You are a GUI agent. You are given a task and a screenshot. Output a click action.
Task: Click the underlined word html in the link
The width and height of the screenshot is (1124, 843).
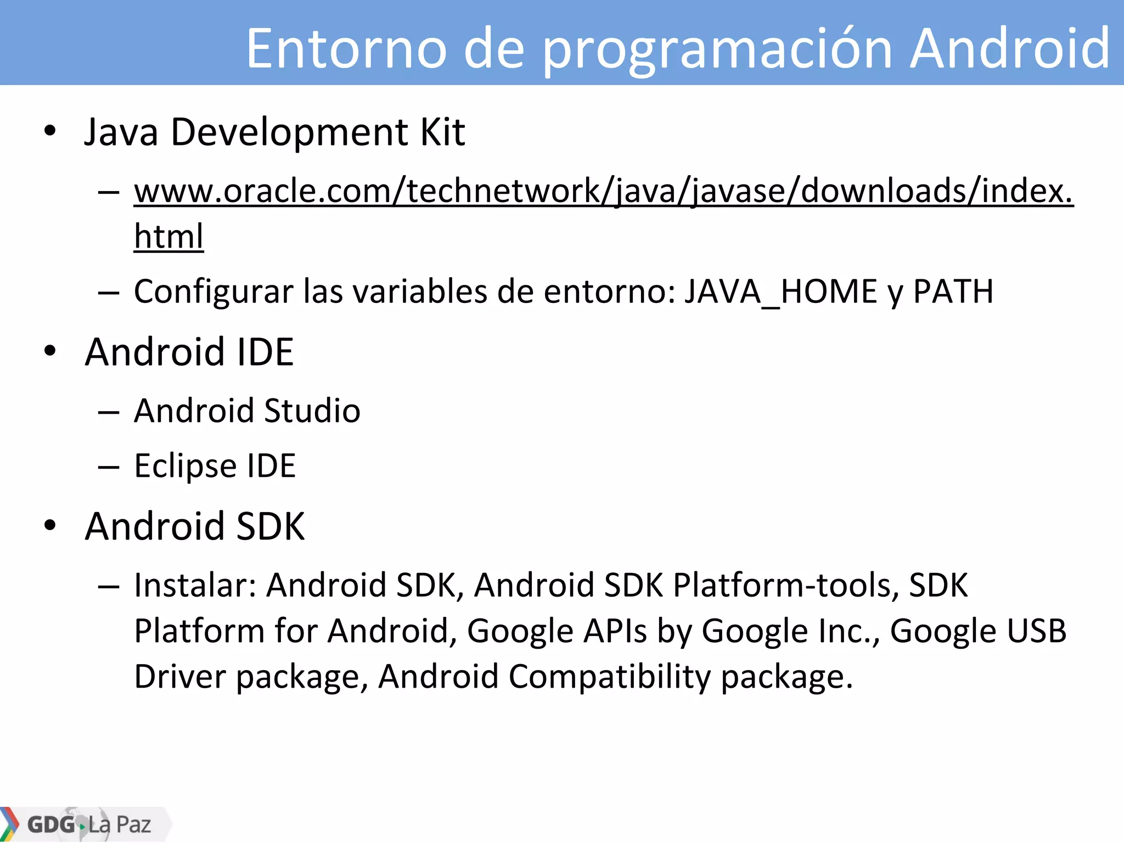[x=168, y=237]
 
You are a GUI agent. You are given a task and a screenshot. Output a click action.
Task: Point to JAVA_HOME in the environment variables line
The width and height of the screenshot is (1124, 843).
[x=780, y=291]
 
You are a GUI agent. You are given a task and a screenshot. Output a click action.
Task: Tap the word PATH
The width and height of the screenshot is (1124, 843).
[x=953, y=291]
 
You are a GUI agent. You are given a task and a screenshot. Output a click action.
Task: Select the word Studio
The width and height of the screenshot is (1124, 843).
[x=312, y=411]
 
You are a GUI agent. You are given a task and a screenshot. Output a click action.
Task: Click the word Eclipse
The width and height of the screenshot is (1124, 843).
[x=185, y=467]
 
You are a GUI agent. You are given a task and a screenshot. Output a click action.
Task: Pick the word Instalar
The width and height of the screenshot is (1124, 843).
[x=195, y=585]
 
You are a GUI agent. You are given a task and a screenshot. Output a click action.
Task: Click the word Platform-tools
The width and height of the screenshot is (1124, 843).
[x=786, y=585]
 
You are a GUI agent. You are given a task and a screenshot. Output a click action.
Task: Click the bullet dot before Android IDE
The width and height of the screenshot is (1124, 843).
[x=50, y=351]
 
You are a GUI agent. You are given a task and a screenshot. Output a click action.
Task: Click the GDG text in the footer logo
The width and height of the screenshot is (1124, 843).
[x=51, y=824]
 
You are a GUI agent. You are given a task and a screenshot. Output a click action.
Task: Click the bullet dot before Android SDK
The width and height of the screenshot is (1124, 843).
[x=50, y=525]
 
